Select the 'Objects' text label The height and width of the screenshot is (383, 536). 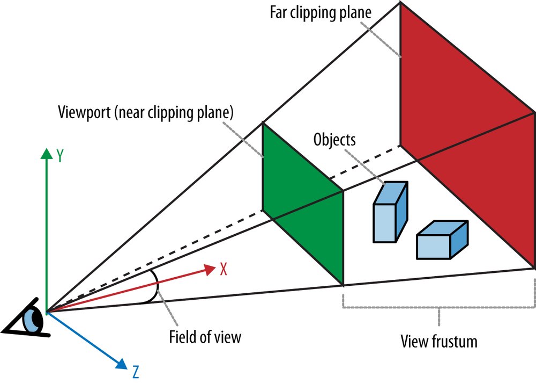(x=334, y=140)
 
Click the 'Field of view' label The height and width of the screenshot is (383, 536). (x=205, y=337)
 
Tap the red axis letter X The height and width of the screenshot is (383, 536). (x=224, y=269)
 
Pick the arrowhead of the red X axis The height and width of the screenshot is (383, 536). (x=210, y=270)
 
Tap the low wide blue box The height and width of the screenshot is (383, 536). (x=442, y=240)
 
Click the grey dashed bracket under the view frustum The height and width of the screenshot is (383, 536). (x=439, y=308)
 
